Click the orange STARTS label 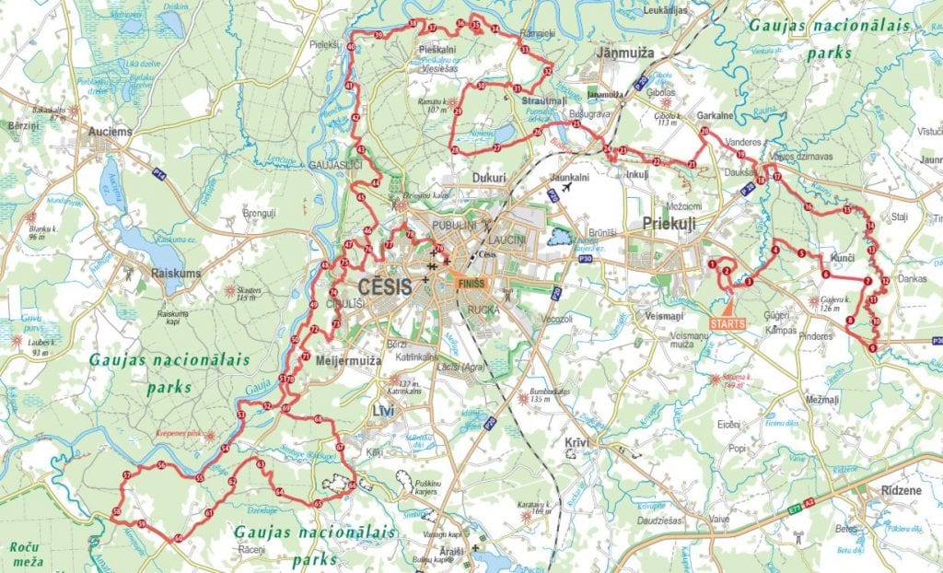click(x=729, y=323)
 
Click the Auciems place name click(x=111, y=132)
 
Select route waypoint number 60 click(x=178, y=538)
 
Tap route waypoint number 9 click(x=871, y=347)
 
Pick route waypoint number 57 click(x=125, y=475)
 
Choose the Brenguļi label click(x=259, y=212)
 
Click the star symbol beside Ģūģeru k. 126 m click(x=813, y=300)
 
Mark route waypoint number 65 click(x=318, y=504)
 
